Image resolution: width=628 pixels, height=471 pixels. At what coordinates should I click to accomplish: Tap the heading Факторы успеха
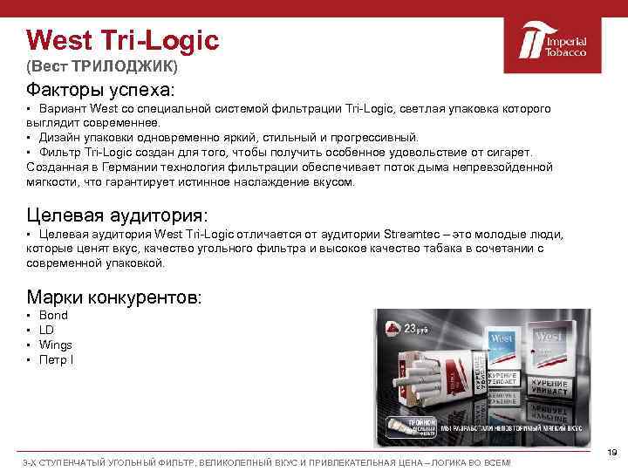pyautogui.click(x=100, y=90)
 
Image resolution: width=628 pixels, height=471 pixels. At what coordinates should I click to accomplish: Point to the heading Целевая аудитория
pyautogui.click(x=118, y=215)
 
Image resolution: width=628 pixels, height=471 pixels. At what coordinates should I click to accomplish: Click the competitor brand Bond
pyautogui.click(x=53, y=315)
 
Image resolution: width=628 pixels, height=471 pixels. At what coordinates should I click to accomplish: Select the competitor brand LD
pyautogui.click(x=46, y=330)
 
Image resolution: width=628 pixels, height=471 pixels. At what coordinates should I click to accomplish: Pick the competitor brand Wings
pyautogui.click(x=56, y=345)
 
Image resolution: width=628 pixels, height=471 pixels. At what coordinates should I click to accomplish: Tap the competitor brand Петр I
pyautogui.click(x=56, y=359)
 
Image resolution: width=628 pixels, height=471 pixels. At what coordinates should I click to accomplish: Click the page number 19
pyautogui.click(x=611, y=451)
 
